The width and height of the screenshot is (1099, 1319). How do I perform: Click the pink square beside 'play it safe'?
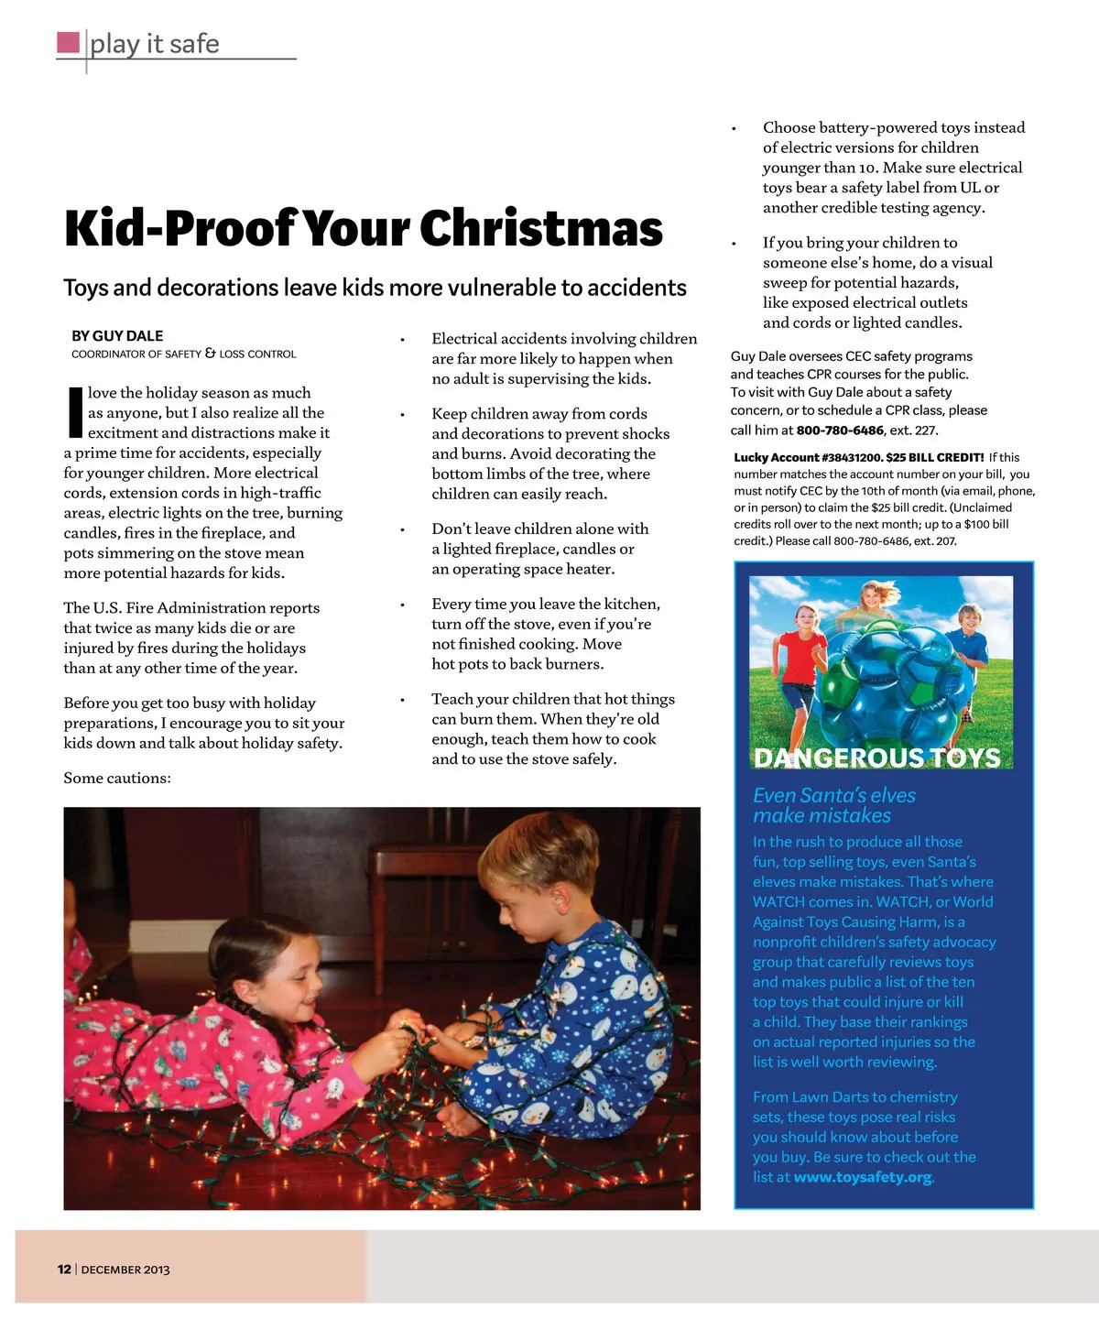pyautogui.click(x=68, y=42)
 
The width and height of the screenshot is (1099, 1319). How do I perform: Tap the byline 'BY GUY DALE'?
pyautogui.click(x=117, y=336)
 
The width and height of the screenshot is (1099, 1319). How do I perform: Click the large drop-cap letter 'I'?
pyautogui.click(x=75, y=412)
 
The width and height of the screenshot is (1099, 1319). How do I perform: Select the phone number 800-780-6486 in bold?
pyautogui.click(x=840, y=431)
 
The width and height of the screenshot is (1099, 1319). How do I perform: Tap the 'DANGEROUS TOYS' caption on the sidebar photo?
pyautogui.click(x=876, y=758)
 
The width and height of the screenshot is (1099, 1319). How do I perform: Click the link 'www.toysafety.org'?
pyautogui.click(x=863, y=1177)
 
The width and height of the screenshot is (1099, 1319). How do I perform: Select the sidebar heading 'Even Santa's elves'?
pyautogui.click(x=834, y=795)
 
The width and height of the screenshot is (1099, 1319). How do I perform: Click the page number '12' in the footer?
pyautogui.click(x=64, y=1270)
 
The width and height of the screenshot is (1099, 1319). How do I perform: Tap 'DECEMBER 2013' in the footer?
pyautogui.click(x=125, y=1270)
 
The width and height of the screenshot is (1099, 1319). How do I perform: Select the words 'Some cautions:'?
pyautogui.click(x=117, y=778)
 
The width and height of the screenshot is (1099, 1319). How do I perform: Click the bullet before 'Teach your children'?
pyautogui.click(x=402, y=700)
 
